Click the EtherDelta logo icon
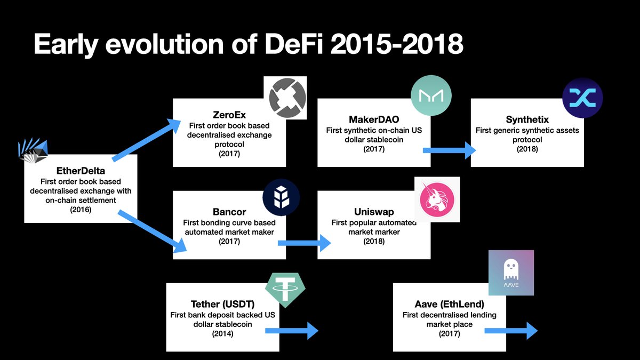pos(33,150)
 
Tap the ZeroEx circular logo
pos(287,98)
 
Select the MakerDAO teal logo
pos(431,95)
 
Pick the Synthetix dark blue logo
pos(582,98)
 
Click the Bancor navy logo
pos(281,197)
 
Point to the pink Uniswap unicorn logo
pos(437,199)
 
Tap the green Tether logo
pos(285,290)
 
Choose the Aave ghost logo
pos(511,273)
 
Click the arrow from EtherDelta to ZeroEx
pos(146,140)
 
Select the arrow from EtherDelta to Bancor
pos(153,231)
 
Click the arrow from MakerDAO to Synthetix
pos(450,150)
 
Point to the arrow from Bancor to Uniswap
pos(305,243)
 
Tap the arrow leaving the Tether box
pos(292,331)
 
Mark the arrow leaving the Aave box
pos(511,331)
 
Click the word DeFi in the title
pos(294,44)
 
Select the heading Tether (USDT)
pos(222,304)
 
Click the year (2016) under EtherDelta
pos(81,210)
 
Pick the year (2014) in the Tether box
pos(222,334)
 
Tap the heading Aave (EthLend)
pos(450,304)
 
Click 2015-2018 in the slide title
pos(397,44)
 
